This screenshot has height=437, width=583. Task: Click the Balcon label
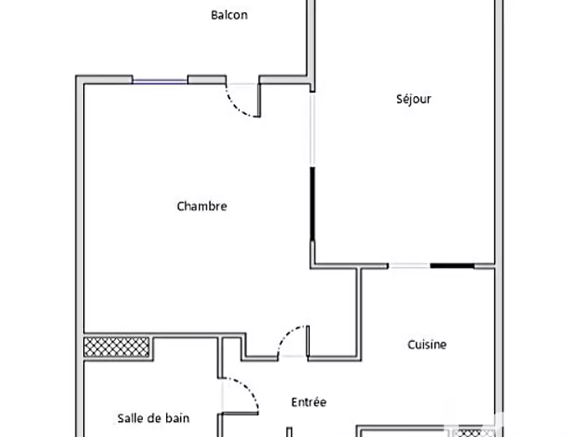pos(229,15)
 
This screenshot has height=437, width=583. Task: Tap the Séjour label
pos(413,99)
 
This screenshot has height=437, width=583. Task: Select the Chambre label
pos(202,206)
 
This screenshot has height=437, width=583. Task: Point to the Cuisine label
pos(426,345)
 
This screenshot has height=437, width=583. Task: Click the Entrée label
pos(308,402)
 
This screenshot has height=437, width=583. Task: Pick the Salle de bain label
pos(153,418)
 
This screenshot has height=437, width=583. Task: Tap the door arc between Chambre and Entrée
pos(291,339)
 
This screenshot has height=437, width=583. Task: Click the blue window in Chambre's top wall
pos(160,81)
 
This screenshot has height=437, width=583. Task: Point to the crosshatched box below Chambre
pos(117,347)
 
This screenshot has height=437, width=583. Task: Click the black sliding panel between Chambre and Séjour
pos(313,204)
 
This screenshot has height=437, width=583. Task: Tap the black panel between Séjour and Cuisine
pos(452,266)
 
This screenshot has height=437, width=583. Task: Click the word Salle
pos(130,418)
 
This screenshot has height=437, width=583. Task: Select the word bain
pos(177,418)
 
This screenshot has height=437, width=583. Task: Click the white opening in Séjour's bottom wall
pos(409,266)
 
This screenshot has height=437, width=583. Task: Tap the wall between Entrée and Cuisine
pos(359,313)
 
